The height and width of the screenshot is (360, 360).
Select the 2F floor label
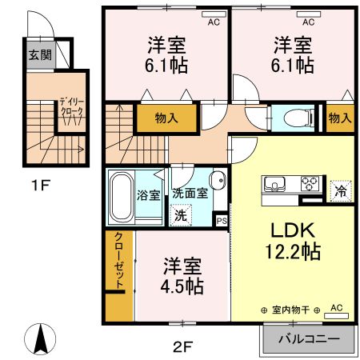[x=183, y=346]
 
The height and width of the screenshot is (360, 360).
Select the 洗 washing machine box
[x=181, y=214]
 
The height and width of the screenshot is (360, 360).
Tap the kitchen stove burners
[x=308, y=184]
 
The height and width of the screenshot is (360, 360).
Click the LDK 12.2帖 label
[x=292, y=239]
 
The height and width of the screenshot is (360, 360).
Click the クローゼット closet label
[x=119, y=263]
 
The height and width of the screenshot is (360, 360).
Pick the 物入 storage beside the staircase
[x=166, y=118]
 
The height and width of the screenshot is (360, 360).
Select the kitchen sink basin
[x=274, y=183]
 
